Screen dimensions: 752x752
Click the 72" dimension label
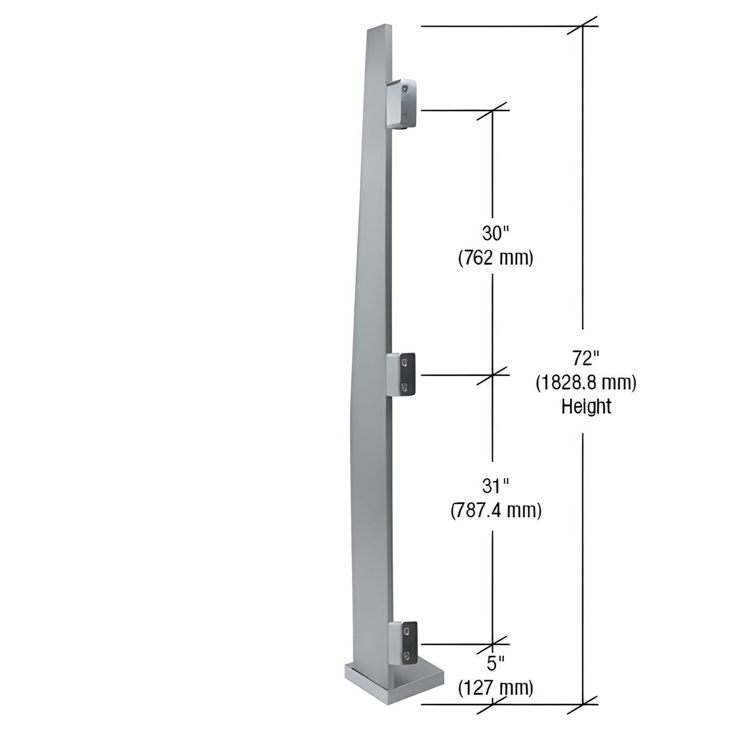(586, 359)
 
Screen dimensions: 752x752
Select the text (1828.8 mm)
(586, 383)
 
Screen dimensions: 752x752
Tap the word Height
(586, 406)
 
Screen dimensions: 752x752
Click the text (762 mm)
(495, 258)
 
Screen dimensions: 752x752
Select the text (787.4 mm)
(496, 511)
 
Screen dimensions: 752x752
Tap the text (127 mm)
(495, 688)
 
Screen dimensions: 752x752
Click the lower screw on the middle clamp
(405, 387)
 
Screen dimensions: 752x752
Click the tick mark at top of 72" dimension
(582, 26)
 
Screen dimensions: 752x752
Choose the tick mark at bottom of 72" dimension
(582, 704)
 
